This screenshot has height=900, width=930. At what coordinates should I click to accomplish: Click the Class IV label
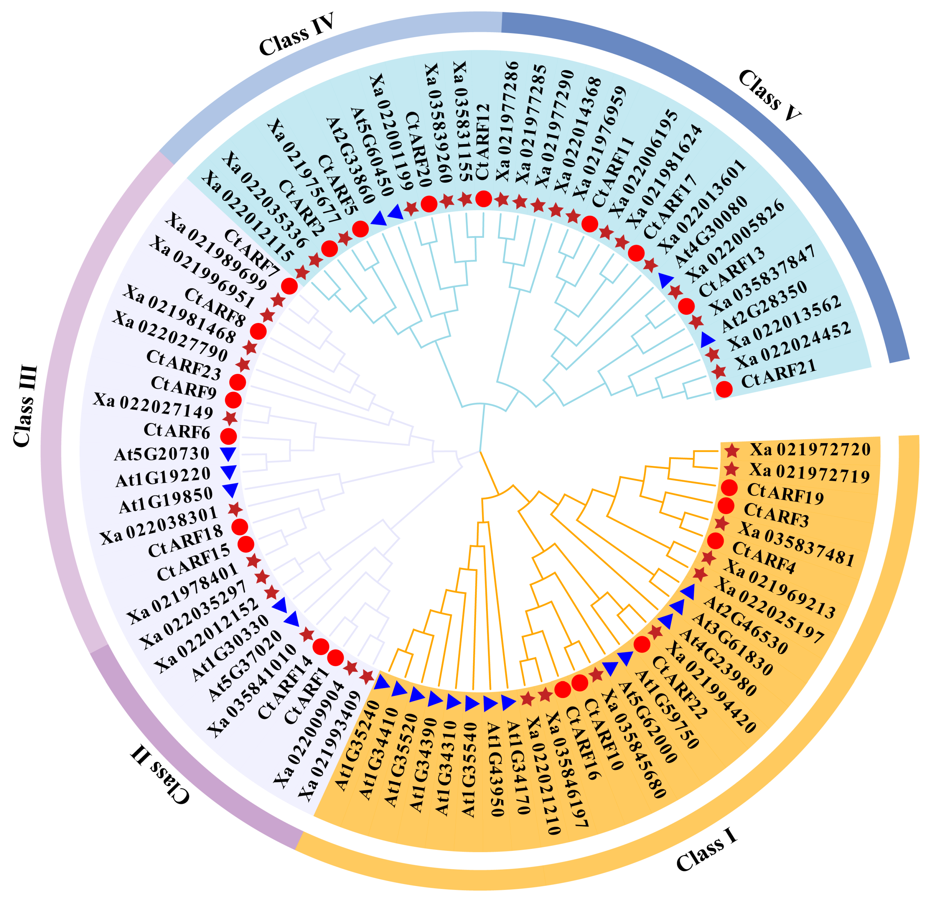[297, 34]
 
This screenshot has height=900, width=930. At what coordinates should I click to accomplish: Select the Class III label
[25, 406]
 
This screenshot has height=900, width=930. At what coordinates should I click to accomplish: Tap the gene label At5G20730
[162, 454]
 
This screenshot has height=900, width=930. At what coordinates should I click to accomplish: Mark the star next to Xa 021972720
[732, 451]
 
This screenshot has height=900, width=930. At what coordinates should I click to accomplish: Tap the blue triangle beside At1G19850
[231, 490]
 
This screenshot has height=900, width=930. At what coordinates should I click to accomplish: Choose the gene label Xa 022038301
[159, 525]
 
